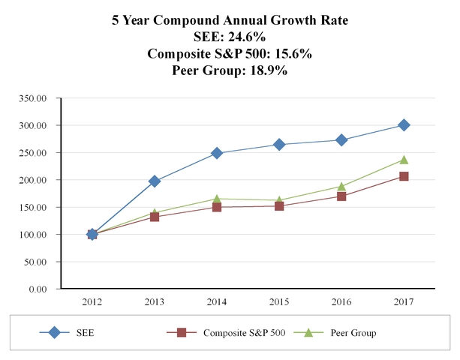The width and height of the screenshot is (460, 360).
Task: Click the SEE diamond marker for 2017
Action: pos(404,125)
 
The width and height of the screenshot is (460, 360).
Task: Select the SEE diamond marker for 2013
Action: pos(155,181)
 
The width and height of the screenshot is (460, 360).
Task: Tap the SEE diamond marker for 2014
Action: pos(217,153)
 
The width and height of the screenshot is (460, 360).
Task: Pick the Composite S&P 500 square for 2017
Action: pos(404,176)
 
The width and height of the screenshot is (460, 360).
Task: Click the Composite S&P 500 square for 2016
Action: pos(341,196)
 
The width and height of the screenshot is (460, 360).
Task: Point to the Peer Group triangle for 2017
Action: pos(404,160)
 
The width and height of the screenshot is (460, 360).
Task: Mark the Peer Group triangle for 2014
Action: pos(217,199)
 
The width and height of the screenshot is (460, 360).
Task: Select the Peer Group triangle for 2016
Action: pos(341,186)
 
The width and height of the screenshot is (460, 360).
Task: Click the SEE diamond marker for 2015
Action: pos(279,145)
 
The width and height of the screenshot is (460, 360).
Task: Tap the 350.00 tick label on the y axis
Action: pos(35,98)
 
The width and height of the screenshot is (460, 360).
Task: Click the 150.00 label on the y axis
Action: pos(35,208)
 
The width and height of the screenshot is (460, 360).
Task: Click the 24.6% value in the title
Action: pos(248,37)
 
